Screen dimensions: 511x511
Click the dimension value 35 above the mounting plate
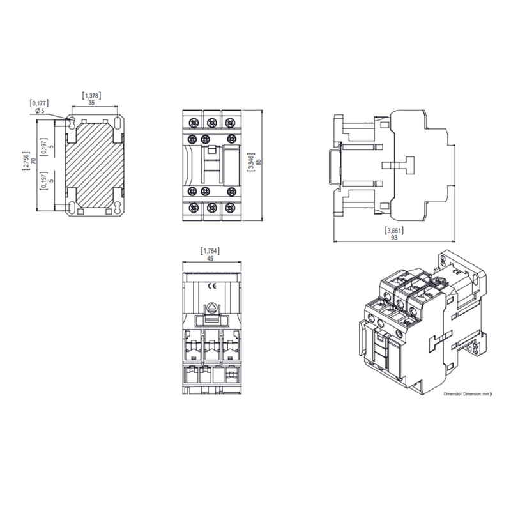92,102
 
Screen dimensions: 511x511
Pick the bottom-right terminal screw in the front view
230,208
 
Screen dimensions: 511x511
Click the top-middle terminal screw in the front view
211,120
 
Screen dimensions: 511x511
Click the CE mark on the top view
211,286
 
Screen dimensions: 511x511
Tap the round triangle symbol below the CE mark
211,306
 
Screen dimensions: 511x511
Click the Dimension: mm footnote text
472,395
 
